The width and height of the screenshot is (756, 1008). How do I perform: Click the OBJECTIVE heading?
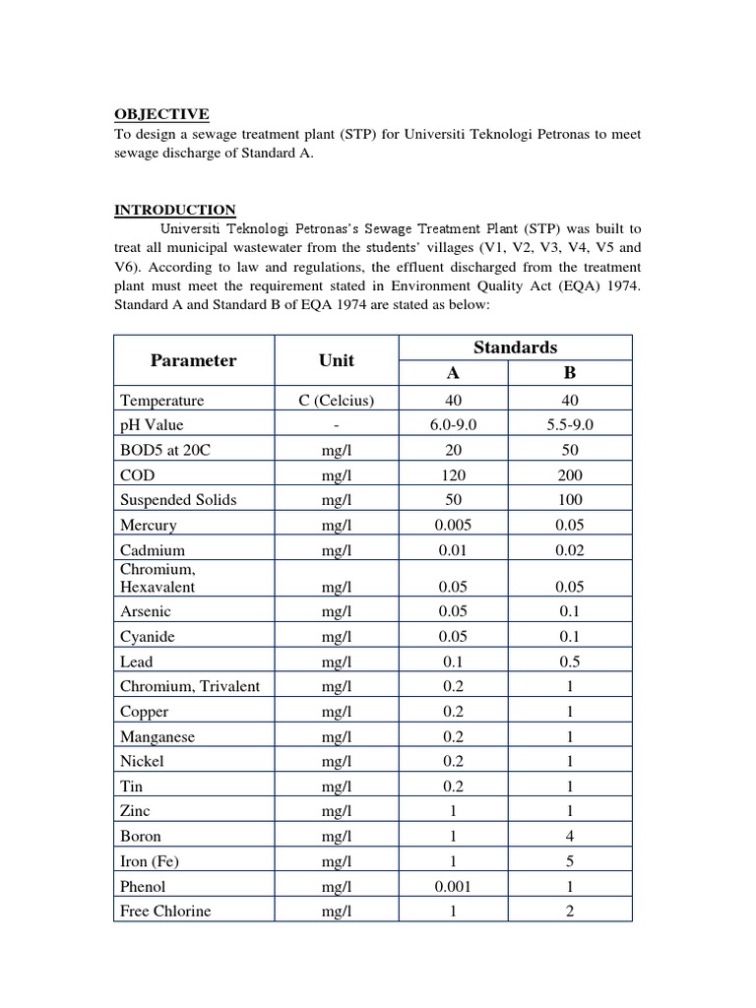click(x=161, y=114)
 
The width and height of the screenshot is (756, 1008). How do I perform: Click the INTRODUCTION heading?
click(x=174, y=210)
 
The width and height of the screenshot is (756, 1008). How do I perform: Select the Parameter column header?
click(x=193, y=360)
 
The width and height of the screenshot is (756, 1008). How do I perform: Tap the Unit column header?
click(x=336, y=360)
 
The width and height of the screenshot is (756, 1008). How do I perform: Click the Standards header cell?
click(x=515, y=347)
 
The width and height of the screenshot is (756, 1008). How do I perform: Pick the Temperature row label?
click(x=161, y=401)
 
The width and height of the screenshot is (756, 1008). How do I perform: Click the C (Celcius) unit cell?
click(x=336, y=401)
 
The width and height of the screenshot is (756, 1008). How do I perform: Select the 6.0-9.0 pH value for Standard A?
click(x=453, y=425)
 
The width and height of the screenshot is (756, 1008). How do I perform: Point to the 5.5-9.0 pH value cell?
click(x=570, y=425)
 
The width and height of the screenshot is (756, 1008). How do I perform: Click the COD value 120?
click(x=453, y=474)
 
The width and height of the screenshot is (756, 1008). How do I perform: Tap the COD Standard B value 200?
click(x=570, y=474)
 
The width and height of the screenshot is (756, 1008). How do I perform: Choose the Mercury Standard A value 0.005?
click(x=453, y=525)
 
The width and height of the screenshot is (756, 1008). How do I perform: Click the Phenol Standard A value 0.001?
click(x=453, y=886)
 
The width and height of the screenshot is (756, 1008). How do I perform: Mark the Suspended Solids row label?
click(x=178, y=499)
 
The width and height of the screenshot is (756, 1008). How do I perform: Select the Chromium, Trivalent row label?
click(x=190, y=686)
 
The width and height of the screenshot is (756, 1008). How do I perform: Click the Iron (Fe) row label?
click(x=150, y=861)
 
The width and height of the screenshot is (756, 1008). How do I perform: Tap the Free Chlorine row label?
click(x=165, y=911)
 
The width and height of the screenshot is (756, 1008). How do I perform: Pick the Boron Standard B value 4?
click(x=570, y=836)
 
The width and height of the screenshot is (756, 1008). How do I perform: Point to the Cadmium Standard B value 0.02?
click(x=570, y=550)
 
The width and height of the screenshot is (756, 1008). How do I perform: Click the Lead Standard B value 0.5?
click(x=570, y=661)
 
